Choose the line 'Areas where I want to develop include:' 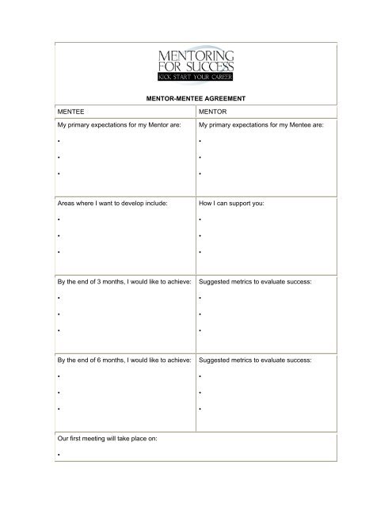tap(114, 203)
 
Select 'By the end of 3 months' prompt tap(124, 281)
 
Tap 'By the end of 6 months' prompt tap(124, 360)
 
